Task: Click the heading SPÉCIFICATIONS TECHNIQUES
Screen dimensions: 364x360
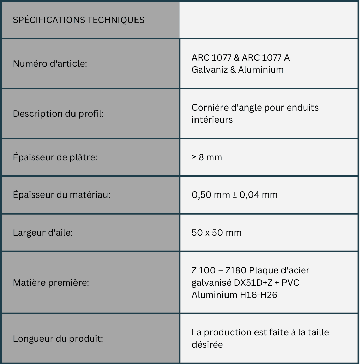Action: pos(79,20)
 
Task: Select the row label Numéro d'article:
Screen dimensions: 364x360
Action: pos(50,63)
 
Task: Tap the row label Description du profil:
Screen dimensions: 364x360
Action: pos(58,114)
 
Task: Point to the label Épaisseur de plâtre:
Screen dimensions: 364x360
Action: pos(55,157)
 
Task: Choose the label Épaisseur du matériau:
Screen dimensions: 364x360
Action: pos(62,194)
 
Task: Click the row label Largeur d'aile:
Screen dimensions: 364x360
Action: pos(43,233)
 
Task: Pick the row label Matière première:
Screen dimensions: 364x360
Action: pos(51,282)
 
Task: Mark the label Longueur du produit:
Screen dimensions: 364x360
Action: pos(58,338)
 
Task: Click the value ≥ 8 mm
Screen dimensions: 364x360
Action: pos(207,157)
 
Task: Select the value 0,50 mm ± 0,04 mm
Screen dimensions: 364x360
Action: pos(235,194)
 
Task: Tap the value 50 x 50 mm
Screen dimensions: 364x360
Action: pos(216,233)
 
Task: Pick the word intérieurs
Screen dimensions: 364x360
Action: pos(212,120)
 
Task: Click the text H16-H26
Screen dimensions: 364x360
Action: pos(259,295)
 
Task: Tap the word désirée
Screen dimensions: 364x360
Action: pos(207,345)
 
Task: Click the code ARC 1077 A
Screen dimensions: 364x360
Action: pos(266,58)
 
